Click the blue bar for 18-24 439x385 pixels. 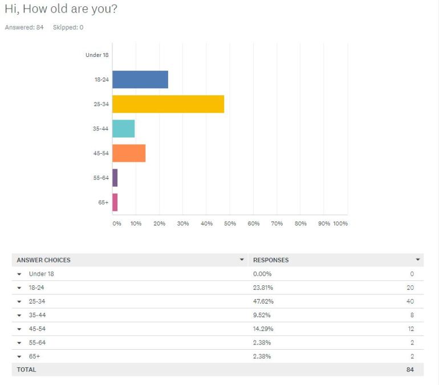140,80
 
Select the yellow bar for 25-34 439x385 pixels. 168,104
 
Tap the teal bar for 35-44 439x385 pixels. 123,129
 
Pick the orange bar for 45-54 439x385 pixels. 129,153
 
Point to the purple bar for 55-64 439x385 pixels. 115,178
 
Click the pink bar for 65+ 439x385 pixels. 115,202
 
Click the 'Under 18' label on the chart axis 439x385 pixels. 97,55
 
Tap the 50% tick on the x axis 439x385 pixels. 230,223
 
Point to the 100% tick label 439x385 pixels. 340,223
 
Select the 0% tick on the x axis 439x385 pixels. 117,223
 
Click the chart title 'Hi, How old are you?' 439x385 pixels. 61,10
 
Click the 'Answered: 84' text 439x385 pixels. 24,27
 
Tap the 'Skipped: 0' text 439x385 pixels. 68,27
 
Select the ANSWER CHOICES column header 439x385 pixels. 44,260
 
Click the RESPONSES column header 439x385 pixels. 271,260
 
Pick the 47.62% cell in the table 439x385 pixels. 263,301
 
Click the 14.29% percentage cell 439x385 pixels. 263,329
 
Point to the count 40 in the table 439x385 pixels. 409,301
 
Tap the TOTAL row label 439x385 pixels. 26,370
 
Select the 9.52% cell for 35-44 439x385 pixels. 262,315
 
